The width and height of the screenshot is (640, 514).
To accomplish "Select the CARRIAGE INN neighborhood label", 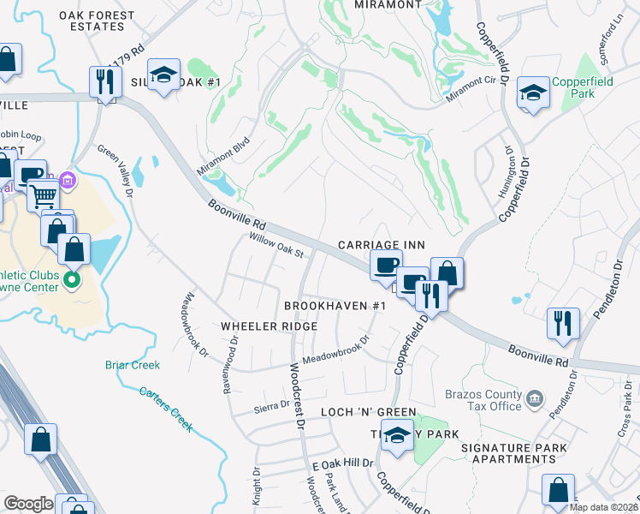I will (x=381, y=245).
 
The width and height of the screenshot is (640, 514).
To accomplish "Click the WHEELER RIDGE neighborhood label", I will (x=269, y=326).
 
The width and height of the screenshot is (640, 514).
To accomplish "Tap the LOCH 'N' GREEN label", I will (x=368, y=412).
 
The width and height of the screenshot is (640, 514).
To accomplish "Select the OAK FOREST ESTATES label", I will (x=97, y=21).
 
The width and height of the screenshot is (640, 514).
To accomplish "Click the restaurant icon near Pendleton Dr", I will (x=563, y=323).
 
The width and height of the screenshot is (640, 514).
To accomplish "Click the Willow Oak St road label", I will (x=276, y=246).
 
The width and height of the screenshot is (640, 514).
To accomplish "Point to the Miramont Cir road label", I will (x=472, y=94).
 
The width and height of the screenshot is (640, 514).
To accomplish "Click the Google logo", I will (x=28, y=504).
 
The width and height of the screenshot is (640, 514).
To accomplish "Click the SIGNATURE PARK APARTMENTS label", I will (x=513, y=453).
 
